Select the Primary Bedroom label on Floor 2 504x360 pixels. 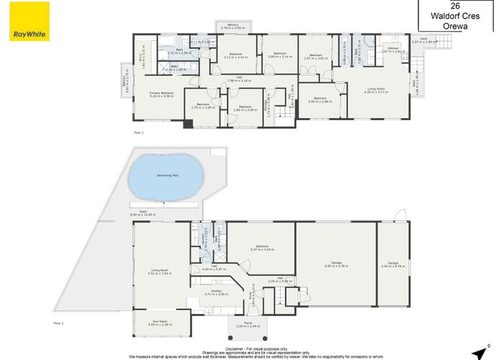coord(162,94)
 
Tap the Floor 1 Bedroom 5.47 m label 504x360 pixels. coord(261,249)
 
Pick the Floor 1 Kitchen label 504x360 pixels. coord(216,292)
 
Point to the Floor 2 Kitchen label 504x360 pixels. coord(394,50)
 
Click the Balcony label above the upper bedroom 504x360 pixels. coord(233,27)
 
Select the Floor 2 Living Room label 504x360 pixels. coord(377,90)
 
